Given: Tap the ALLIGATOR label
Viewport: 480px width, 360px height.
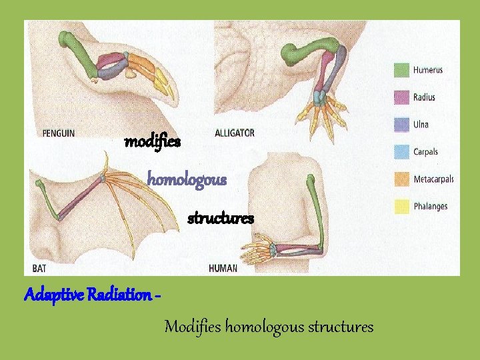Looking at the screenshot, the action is click(x=234, y=133).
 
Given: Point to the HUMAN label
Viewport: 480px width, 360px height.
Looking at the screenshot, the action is click(x=223, y=268).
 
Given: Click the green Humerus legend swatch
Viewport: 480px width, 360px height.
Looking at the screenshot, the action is click(x=401, y=70).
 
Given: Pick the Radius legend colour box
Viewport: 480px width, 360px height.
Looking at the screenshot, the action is click(x=401, y=97).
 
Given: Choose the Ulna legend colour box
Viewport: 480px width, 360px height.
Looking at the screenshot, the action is click(x=401, y=125).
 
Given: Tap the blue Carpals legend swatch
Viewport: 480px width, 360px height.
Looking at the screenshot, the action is click(x=401, y=152).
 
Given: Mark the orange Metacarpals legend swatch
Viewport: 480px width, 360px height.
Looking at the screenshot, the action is click(x=401, y=179).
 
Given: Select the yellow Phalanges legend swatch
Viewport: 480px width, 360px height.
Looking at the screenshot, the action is click(x=401, y=207).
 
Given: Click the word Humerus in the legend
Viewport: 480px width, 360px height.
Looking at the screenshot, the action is click(x=427, y=70).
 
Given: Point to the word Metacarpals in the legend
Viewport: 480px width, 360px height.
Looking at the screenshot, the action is click(x=433, y=179).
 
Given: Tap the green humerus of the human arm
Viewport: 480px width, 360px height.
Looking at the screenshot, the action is click(x=317, y=207).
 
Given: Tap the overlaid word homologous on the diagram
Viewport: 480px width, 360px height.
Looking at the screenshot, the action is click(x=187, y=179).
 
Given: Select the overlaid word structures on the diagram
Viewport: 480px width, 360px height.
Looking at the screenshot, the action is click(x=221, y=218).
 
